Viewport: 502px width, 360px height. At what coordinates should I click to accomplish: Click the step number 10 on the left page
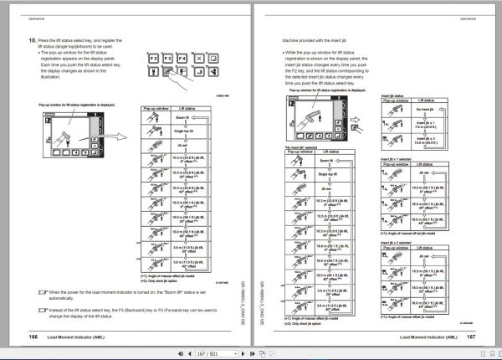coord(32,39)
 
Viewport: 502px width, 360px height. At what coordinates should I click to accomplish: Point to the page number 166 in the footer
coord(33,336)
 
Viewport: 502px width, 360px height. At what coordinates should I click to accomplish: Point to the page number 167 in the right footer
coord(469,336)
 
